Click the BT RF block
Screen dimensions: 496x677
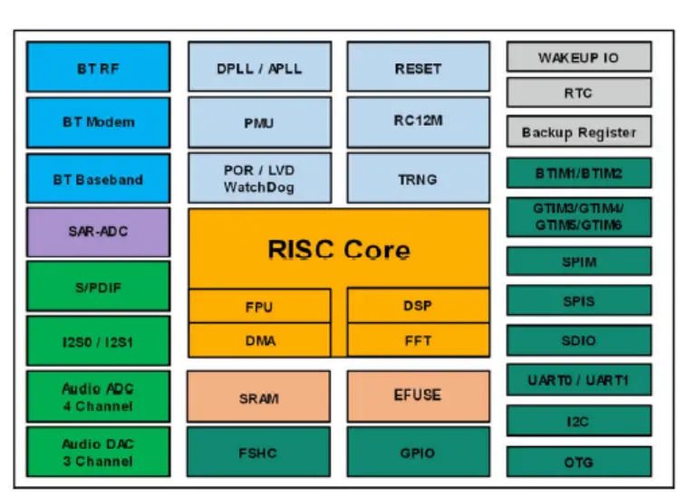pyautogui.click(x=98, y=67)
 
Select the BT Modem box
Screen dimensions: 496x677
pyautogui.click(x=98, y=122)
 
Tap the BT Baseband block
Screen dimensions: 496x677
pyautogui.click(x=98, y=178)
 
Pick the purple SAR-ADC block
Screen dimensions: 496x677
pyautogui.click(x=98, y=232)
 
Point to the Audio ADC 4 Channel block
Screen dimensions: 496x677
pyautogui.click(x=98, y=396)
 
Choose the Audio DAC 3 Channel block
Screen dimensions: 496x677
pyautogui.click(x=98, y=452)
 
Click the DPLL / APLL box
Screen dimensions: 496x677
pyautogui.click(x=259, y=68)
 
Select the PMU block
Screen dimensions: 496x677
pyautogui.click(x=259, y=123)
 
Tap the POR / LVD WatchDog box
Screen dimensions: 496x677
pyautogui.click(x=259, y=178)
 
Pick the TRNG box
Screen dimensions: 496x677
pyautogui.click(x=418, y=178)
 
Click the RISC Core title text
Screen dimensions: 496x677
pyautogui.click(x=338, y=250)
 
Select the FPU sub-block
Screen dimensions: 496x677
pyautogui.click(x=259, y=306)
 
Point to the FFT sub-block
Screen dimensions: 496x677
pyautogui.click(x=418, y=340)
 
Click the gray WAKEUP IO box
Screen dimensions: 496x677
pyautogui.click(x=578, y=57)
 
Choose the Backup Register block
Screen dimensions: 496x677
pyautogui.click(x=578, y=132)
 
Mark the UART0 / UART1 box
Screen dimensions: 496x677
pyautogui.click(x=578, y=380)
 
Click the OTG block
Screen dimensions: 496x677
pyautogui.click(x=578, y=462)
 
